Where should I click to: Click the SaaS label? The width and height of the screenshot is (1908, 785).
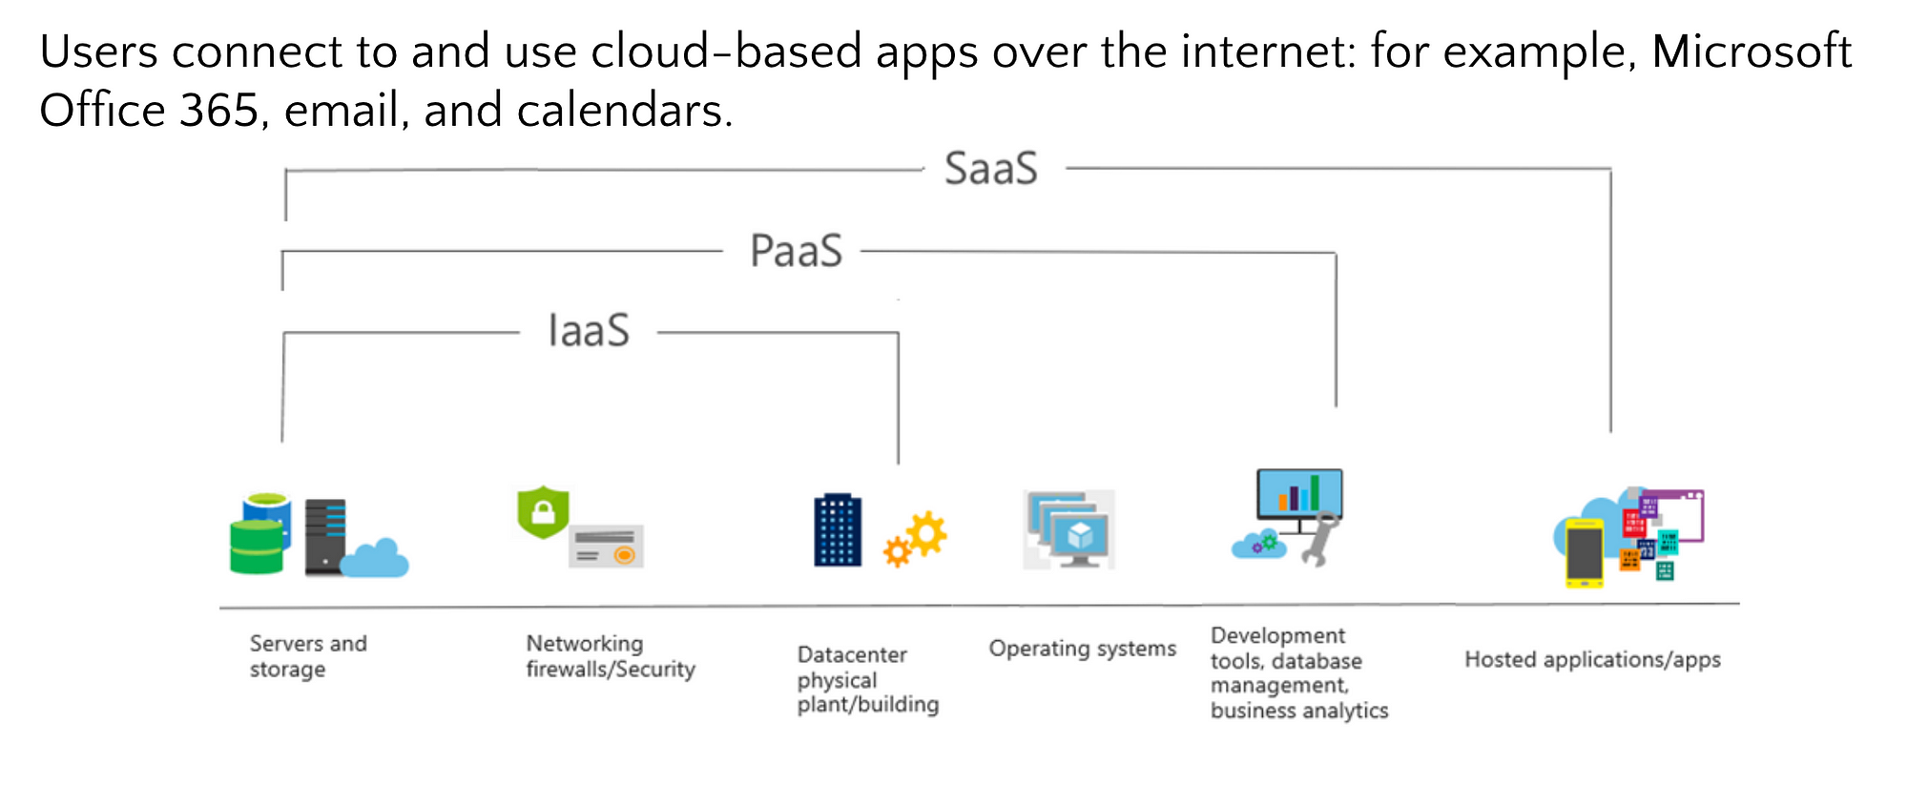click(x=991, y=169)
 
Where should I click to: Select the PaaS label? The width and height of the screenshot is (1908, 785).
click(x=797, y=251)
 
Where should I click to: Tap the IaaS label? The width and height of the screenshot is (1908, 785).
click(x=589, y=331)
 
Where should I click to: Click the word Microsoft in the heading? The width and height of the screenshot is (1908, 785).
click(x=1752, y=51)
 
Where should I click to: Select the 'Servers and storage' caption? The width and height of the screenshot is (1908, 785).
click(x=308, y=656)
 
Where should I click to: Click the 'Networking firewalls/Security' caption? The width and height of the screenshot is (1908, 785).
click(x=611, y=656)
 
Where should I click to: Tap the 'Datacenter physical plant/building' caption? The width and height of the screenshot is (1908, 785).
click(x=868, y=679)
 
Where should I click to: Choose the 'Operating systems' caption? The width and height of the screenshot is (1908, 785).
click(x=1083, y=649)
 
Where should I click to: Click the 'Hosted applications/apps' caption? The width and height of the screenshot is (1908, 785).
click(x=1593, y=659)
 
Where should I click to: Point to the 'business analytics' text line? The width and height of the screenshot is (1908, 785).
click(x=1299, y=711)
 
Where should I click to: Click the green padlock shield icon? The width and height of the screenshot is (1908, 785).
click(x=543, y=512)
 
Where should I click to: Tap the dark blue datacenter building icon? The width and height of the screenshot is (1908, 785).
click(x=838, y=530)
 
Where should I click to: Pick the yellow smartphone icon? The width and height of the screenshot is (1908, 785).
click(x=1585, y=552)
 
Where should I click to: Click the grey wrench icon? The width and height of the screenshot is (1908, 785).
click(x=1320, y=538)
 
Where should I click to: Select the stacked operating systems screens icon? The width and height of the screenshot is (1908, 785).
click(x=1068, y=530)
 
